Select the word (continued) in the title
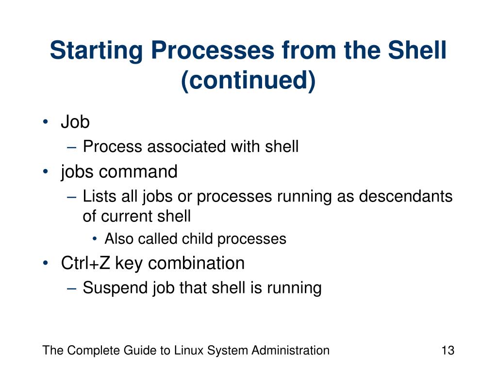pyautogui.click(x=248, y=81)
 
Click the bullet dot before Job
pyautogui.click(x=45, y=122)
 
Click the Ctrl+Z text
pyautogui.click(x=85, y=263)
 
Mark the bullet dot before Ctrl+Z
pyautogui.click(x=45, y=263)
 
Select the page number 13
pyautogui.click(x=447, y=350)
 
